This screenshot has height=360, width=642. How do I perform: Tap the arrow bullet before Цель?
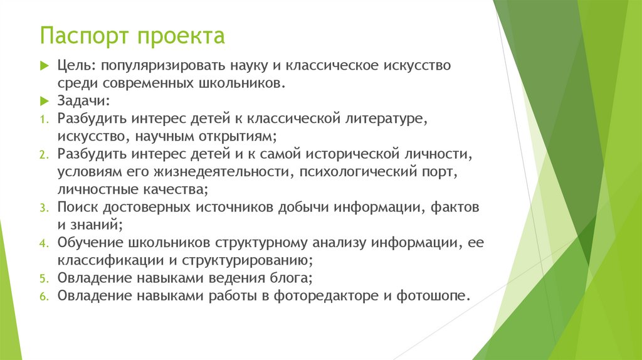click(x=44, y=66)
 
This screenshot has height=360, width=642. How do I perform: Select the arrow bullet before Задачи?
click(x=44, y=101)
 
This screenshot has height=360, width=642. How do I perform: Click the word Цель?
click(x=75, y=66)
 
